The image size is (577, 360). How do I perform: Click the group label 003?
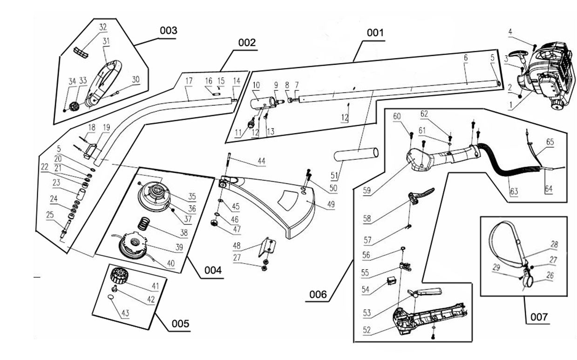coord(168,31)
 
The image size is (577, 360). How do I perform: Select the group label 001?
coord(375,33)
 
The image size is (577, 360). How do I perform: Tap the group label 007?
coord(539,318)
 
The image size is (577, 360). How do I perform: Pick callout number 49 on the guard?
coord(331,205)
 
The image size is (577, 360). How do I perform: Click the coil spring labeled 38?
coord(145,224)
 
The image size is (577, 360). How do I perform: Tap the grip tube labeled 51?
coord(356,154)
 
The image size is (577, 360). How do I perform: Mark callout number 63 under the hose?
coord(513,192)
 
